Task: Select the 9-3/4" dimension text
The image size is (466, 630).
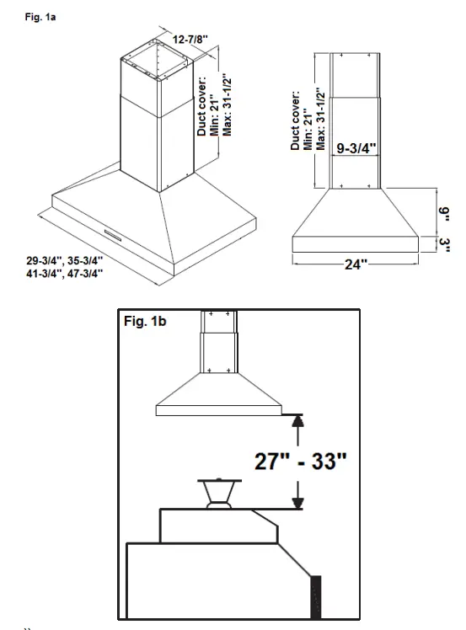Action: coord(353,149)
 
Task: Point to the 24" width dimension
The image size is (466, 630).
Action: coord(356,264)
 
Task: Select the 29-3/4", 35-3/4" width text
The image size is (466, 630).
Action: coord(64,260)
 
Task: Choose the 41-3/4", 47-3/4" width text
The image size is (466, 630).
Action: coord(64,273)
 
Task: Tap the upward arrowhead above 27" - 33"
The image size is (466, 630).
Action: coord(296,421)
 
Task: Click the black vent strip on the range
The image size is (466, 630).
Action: coord(318,597)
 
